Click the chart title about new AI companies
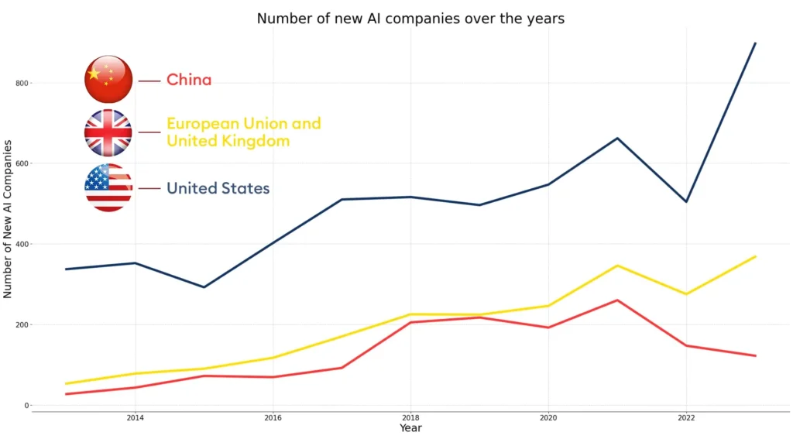pyautogui.click(x=410, y=19)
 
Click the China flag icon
pyautogui.click(x=108, y=79)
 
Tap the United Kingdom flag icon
pyautogui.click(x=108, y=132)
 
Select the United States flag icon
pyautogui.click(x=108, y=187)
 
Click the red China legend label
pyautogui.click(x=189, y=80)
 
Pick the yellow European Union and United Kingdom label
pyautogui.click(x=243, y=132)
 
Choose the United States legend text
pyautogui.click(x=218, y=188)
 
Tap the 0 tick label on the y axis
pyautogui.click(x=26, y=406)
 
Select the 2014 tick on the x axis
pyautogui.click(x=135, y=418)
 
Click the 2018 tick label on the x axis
pyautogui.click(x=410, y=418)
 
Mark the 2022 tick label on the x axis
pyautogui.click(x=686, y=418)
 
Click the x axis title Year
pyautogui.click(x=410, y=428)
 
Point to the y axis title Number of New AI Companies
pyautogui.click(x=8, y=219)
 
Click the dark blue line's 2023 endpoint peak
pyautogui.click(x=755, y=43)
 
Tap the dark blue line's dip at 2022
pyautogui.click(x=686, y=201)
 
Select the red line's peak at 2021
pyautogui.click(x=617, y=300)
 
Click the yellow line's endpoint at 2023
pyautogui.click(x=755, y=256)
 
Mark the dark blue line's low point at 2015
pyautogui.click(x=204, y=287)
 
